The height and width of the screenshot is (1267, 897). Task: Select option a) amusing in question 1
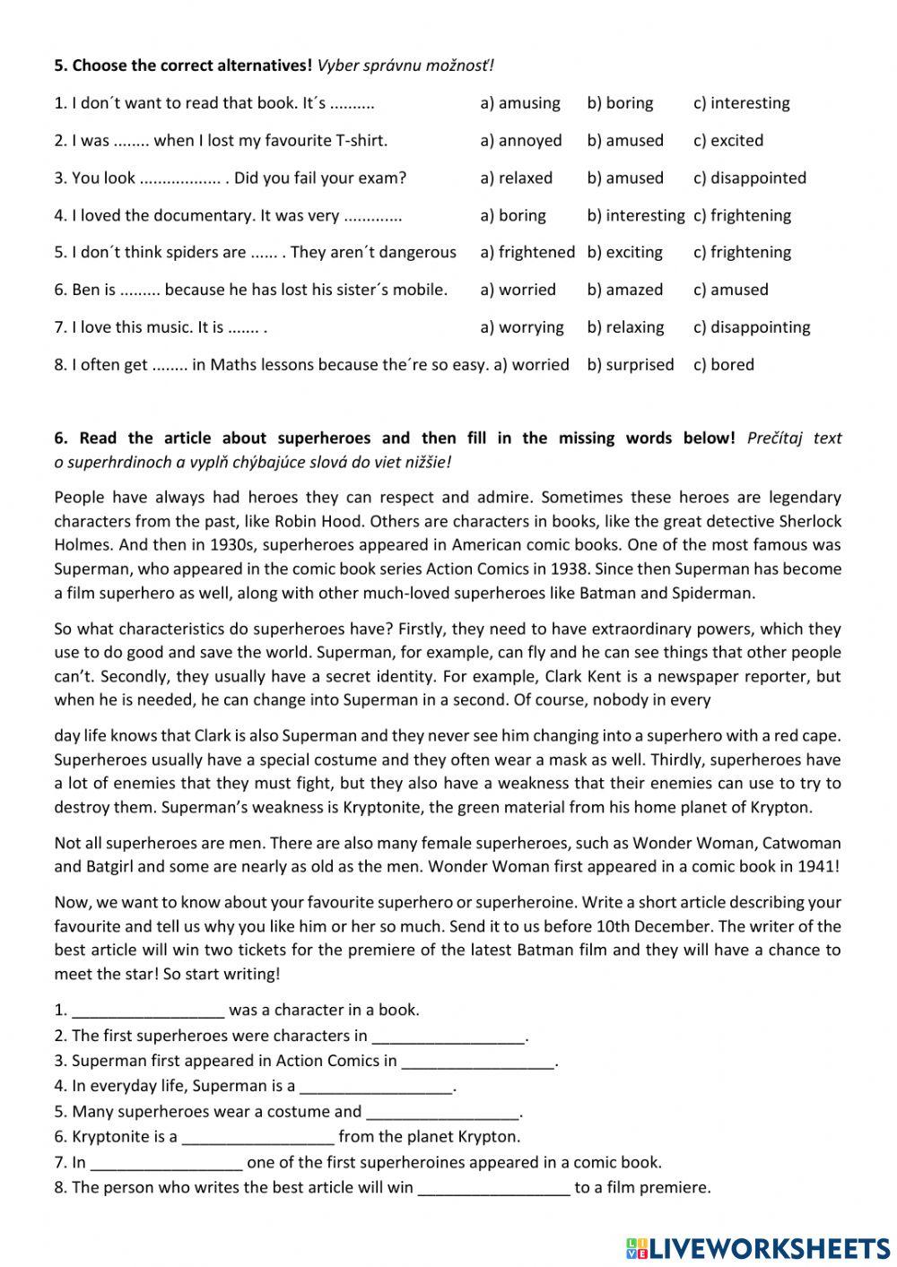click(x=520, y=103)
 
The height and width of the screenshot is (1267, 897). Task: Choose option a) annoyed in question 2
click(x=521, y=141)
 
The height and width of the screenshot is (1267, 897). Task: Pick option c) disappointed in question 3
click(x=750, y=178)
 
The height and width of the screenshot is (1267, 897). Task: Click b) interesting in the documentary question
click(x=635, y=216)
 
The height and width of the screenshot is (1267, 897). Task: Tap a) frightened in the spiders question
click(x=527, y=253)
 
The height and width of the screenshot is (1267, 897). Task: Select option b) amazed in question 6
click(x=625, y=291)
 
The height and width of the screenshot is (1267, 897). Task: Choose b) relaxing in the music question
click(x=625, y=328)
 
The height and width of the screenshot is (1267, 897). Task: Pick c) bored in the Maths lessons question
click(x=724, y=365)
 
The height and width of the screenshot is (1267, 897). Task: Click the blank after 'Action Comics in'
click(x=478, y=1062)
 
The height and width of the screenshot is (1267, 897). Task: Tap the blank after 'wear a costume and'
click(x=443, y=1113)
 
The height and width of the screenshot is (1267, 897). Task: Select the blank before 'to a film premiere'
click(x=493, y=1188)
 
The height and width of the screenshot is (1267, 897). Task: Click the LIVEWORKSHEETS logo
click(x=758, y=1247)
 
